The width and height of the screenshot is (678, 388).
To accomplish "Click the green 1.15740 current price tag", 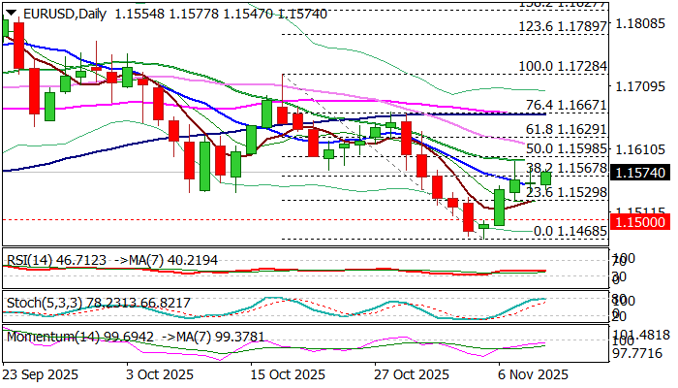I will point(642,171).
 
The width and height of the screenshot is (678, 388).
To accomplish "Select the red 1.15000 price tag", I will point(642,221).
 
